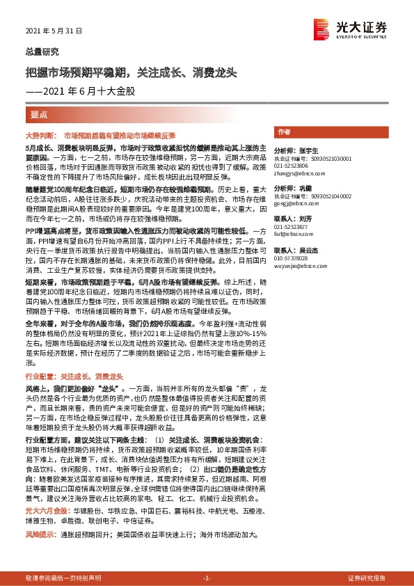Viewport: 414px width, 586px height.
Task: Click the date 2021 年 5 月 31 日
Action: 54,32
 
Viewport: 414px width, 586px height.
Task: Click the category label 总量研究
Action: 42,52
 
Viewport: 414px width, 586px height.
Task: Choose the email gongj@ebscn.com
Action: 292,204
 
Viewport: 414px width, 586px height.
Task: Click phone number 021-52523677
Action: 292,227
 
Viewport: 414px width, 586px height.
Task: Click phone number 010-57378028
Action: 292,258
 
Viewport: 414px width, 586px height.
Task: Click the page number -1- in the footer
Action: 207,578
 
